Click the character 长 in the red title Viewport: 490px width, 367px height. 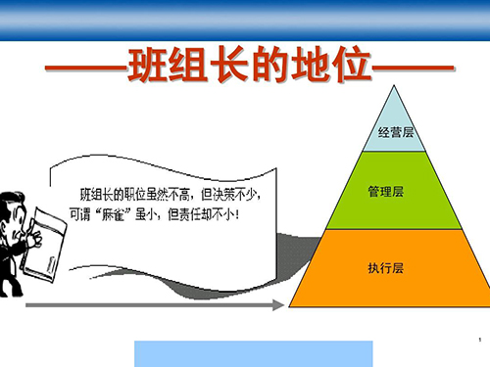229,65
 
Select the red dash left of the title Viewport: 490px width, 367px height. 86,68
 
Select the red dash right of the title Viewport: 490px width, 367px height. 414,69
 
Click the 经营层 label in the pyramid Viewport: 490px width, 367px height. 396,132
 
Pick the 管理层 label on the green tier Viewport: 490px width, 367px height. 386,191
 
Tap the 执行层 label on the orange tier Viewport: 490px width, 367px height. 386,268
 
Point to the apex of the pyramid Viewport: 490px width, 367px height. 394,85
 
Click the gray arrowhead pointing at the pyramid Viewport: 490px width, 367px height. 278,305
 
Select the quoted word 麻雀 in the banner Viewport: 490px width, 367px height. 112,214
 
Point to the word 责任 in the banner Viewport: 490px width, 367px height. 190,214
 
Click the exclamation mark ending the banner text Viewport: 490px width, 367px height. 237,214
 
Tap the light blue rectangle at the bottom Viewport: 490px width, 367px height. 254,354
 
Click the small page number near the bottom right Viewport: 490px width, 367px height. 480,340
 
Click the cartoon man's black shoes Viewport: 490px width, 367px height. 11,291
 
